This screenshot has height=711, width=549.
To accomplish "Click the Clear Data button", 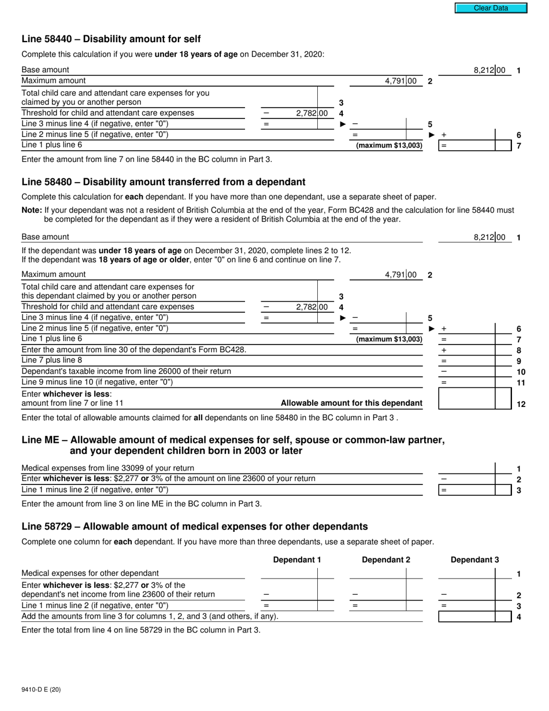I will point(491,8).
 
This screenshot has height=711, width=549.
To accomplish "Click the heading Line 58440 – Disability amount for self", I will point(111,39).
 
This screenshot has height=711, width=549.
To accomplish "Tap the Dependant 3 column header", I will point(474,560).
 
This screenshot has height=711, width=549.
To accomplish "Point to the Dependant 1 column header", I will point(296,560).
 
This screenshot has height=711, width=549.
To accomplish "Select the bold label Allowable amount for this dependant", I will point(351,403).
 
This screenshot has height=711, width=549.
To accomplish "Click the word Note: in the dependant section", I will point(32,210).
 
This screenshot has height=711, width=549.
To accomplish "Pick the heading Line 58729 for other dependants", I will point(194,526).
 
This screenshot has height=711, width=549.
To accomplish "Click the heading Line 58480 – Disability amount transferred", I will point(164,182).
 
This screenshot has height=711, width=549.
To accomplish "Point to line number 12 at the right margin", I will point(520,404).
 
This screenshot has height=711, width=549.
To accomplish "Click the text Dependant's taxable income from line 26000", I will point(126,371).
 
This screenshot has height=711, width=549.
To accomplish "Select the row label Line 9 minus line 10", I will point(97,382).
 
